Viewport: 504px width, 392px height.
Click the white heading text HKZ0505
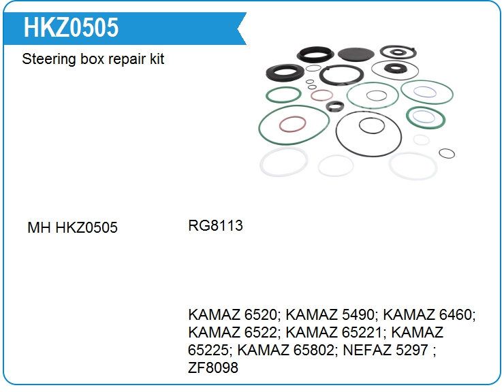(x=71, y=28)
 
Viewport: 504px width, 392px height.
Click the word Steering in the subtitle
(x=48, y=59)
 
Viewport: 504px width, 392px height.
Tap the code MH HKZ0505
(x=72, y=227)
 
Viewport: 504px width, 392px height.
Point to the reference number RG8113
(x=215, y=225)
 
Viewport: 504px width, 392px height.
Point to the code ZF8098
(x=213, y=368)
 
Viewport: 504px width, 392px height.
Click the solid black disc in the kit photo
(x=356, y=52)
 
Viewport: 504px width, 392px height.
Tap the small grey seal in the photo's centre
(x=334, y=106)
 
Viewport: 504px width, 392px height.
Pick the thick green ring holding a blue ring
(x=425, y=117)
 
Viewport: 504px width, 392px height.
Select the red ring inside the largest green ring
(x=293, y=125)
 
